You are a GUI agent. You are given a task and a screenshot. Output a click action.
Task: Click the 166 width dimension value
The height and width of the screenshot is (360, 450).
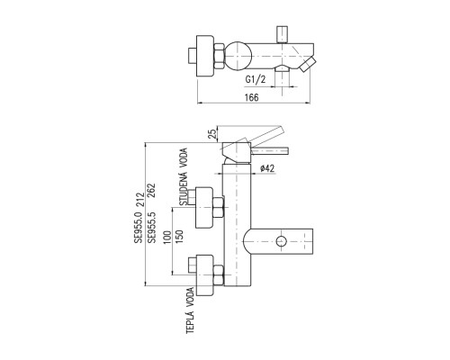[x=251, y=97]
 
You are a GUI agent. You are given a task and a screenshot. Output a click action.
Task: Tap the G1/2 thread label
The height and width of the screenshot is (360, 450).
[x=256, y=79]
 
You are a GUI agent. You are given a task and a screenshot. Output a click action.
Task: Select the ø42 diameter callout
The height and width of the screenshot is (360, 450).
[x=267, y=168]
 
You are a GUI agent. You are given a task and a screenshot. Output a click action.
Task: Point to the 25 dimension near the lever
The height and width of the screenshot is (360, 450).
[x=212, y=133]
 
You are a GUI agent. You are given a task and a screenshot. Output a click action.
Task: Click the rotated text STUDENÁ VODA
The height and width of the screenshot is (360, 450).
[x=184, y=176]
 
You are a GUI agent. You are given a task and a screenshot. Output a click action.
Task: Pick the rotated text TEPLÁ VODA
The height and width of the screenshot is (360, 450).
[x=190, y=310]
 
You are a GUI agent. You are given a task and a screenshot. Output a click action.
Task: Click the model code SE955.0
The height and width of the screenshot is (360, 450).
[x=139, y=226]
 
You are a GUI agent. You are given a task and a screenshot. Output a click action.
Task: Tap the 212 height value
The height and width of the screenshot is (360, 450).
[x=139, y=199]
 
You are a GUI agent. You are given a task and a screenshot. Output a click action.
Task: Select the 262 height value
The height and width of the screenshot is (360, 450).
[x=152, y=190]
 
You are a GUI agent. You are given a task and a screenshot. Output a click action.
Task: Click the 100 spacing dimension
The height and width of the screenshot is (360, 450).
[x=167, y=237]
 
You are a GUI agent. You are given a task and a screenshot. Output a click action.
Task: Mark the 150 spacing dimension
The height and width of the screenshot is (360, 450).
[x=179, y=237]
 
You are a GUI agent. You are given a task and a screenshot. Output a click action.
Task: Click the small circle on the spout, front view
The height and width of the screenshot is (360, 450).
[x=282, y=241]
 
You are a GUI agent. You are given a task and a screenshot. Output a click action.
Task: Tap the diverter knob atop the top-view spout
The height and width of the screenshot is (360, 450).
[x=283, y=34]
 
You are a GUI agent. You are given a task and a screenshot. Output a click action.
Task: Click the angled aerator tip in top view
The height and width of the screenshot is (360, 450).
[x=308, y=64]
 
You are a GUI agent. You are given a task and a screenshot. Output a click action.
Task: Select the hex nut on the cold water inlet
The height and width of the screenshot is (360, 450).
[x=219, y=208]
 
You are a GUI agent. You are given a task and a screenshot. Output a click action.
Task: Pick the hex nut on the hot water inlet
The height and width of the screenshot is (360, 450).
[x=219, y=275]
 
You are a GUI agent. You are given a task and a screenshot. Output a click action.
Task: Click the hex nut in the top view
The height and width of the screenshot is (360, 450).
[x=219, y=56]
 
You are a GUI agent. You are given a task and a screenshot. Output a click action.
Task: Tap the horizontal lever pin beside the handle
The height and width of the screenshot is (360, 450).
[x=270, y=150]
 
